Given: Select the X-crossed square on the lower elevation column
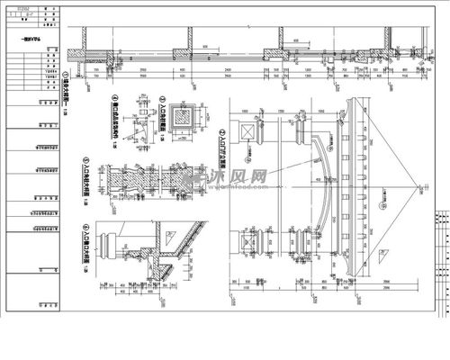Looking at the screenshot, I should (x=247, y=240).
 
